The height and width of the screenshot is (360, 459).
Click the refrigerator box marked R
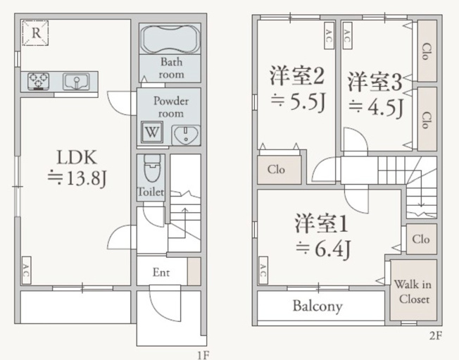click(x=35, y=33)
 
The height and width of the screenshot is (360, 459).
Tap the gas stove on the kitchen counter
click(x=38, y=81)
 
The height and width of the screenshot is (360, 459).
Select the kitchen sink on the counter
click(x=76, y=81)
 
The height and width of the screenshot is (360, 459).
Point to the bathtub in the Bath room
click(x=170, y=39)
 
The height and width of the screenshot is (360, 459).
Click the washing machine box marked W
click(x=152, y=132)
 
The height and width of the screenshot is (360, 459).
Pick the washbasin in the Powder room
click(x=186, y=135)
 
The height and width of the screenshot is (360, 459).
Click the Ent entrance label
click(x=161, y=273)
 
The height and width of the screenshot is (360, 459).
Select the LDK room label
click(x=77, y=158)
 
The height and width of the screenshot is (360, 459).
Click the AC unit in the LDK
click(x=26, y=270)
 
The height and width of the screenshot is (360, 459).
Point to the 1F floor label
click(x=203, y=355)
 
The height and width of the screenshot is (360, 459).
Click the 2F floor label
click(x=435, y=335)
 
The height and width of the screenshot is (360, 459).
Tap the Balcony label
click(x=317, y=306)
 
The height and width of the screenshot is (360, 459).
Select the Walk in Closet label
click(x=413, y=292)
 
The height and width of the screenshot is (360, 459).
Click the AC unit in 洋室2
click(x=329, y=35)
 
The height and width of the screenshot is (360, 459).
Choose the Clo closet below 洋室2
click(x=279, y=170)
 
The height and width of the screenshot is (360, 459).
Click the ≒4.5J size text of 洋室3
click(x=376, y=107)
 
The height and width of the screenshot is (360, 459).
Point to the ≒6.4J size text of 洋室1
click(x=323, y=249)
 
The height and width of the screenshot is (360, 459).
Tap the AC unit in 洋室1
click(x=263, y=270)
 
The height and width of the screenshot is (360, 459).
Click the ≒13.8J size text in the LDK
click(x=77, y=178)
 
